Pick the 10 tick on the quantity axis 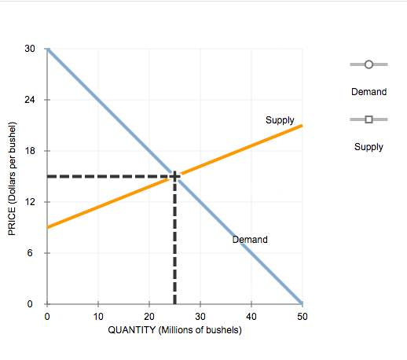click(97, 316)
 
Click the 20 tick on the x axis click(148, 316)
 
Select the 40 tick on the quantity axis click(251, 316)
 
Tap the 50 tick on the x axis click(302, 316)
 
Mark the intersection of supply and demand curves click(174, 176)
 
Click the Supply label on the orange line click(280, 120)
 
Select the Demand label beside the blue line click(250, 239)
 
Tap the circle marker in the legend click(368, 66)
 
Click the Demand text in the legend click(368, 92)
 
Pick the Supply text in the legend click(368, 146)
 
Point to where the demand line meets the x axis click(302, 303)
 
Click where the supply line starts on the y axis click(47, 227)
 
